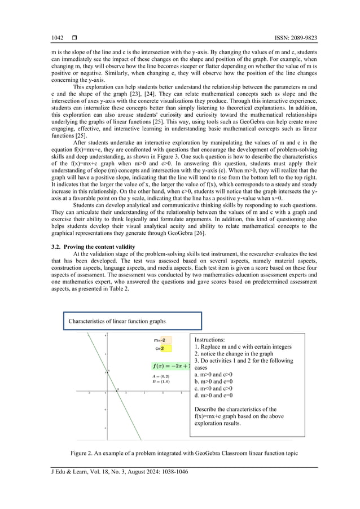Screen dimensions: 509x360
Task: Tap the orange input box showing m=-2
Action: (x=163, y=340)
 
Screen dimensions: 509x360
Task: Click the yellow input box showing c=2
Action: (x=163, y=349)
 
